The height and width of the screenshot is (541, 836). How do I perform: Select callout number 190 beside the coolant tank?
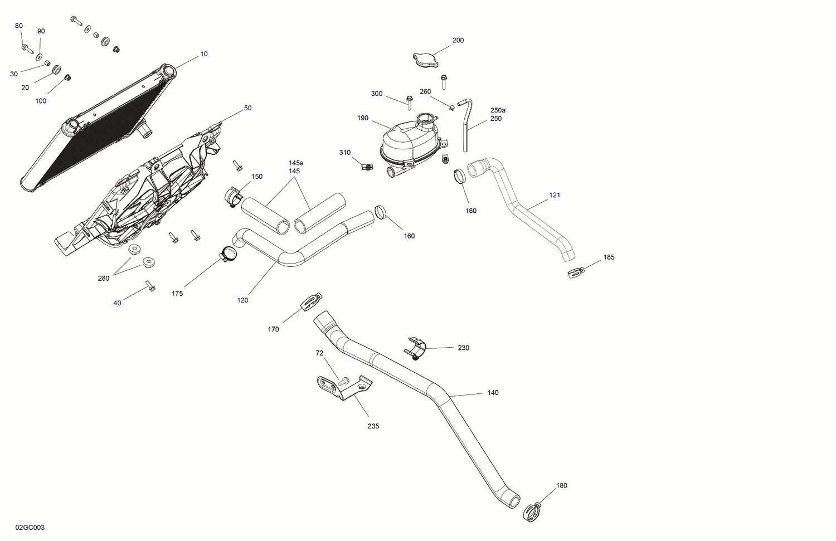tap(363, 118)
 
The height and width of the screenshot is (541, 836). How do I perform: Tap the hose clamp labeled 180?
tap(533, 511)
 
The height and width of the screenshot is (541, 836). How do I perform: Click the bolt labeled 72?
tap(343, 381)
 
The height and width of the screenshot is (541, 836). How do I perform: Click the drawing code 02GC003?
tap(30, 527)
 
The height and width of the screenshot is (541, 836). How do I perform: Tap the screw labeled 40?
tap(150, 286)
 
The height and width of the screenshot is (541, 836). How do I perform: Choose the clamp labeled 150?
tap(234, 196)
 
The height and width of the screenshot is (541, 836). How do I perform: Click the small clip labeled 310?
tap(366, 166)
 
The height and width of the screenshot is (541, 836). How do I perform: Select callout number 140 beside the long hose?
tap(493, 393)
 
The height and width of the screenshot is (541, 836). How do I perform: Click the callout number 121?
tap(555, 196)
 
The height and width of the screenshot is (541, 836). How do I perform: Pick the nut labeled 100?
tap(67, 77)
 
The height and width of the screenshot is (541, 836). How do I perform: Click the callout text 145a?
tap(296, 163)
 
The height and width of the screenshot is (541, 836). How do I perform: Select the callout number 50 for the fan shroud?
tap(247, 108)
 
